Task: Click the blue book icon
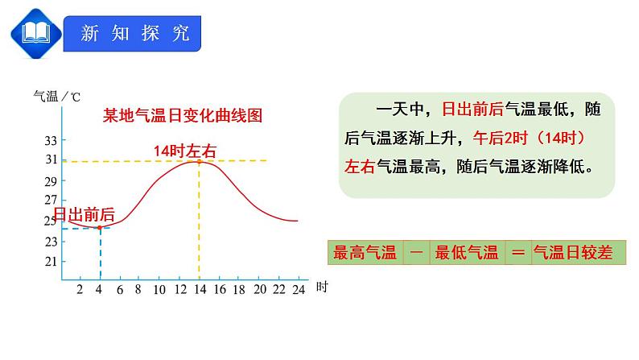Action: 35,33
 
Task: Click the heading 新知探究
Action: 134,33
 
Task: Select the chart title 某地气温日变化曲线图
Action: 183,115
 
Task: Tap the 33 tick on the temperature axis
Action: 50,140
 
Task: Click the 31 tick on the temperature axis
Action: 50,160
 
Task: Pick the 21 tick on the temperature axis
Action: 50,261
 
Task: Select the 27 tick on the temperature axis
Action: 50,200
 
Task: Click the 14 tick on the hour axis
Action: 199,288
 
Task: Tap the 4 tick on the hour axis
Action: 99,288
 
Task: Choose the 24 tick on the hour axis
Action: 299,288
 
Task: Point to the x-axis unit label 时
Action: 321,287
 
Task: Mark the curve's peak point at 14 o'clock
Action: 199,161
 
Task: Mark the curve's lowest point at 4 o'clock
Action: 99,228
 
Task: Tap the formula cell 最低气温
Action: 467,253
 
